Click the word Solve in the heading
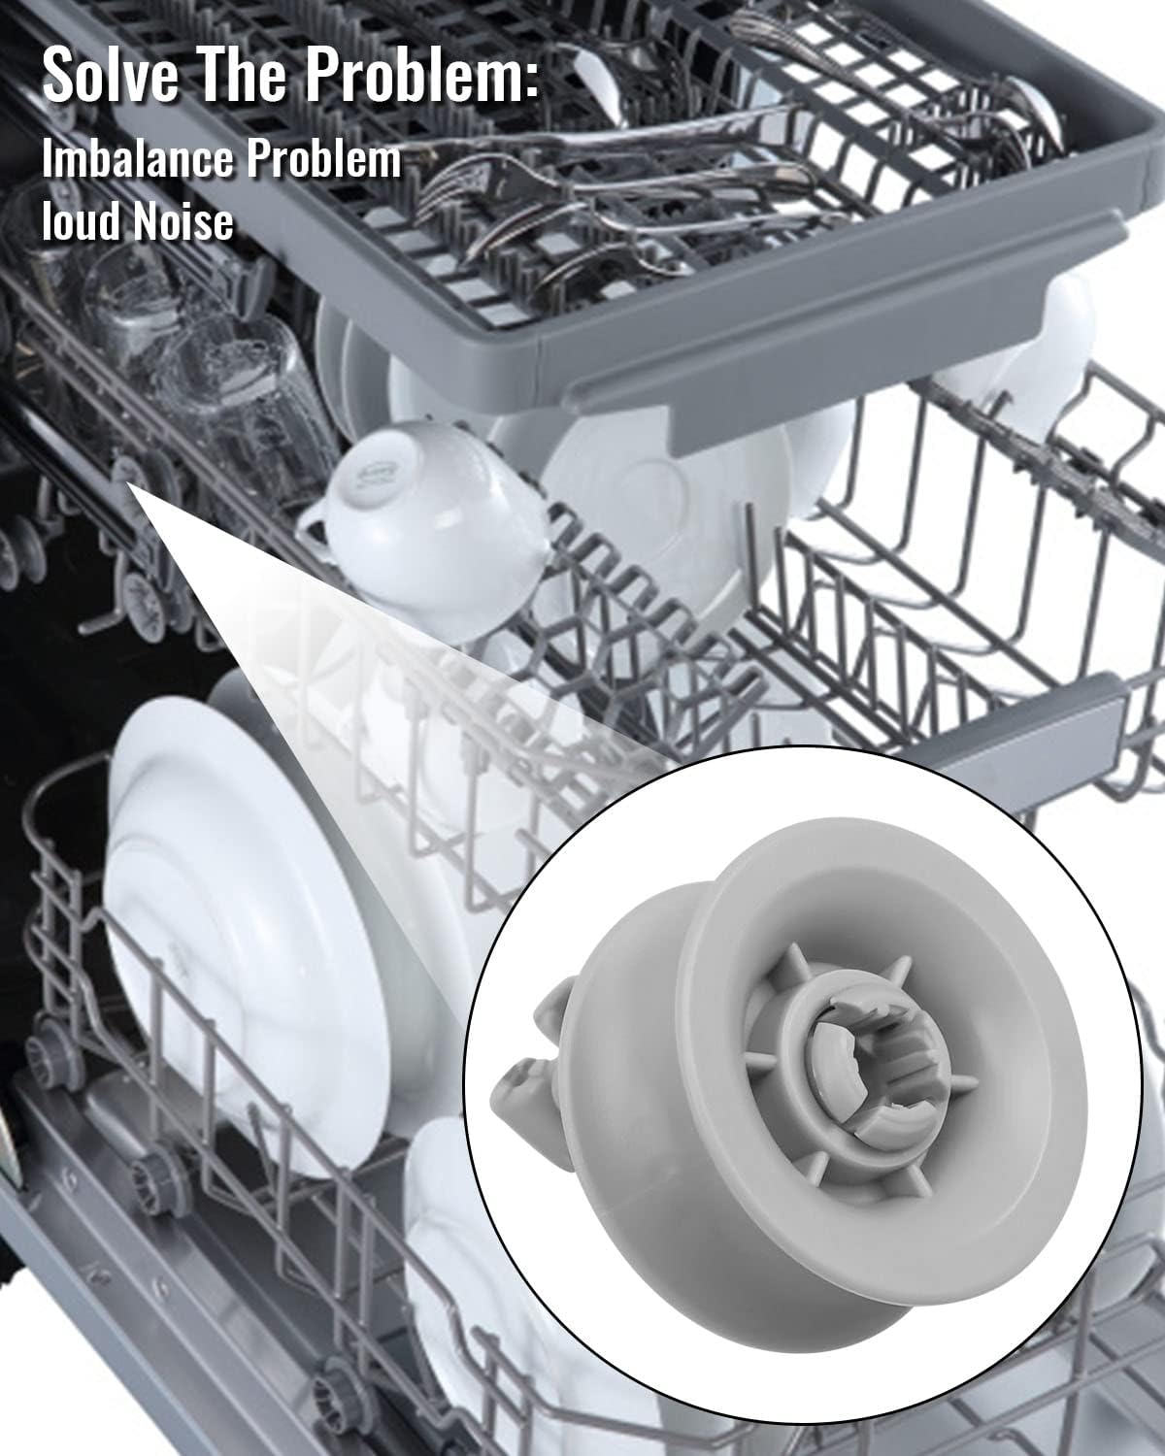point(111,75)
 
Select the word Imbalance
point(138,158)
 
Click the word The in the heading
point(241,75)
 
